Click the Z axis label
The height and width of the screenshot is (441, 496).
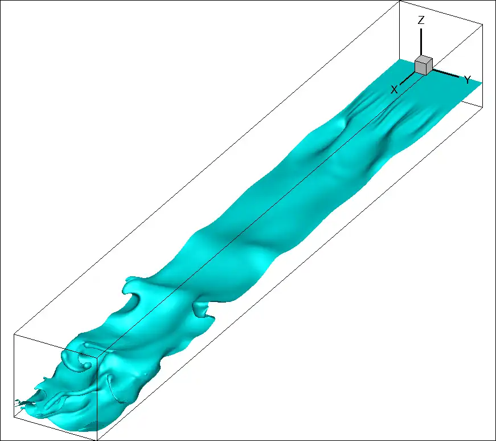(421, 21)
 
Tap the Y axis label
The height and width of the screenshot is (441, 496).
(468, 80)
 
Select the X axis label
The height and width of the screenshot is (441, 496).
(394, 89)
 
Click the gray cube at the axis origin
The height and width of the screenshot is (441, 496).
(423, 65)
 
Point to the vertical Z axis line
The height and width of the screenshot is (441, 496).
(421, 42)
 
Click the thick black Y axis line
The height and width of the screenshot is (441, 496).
(445, 73)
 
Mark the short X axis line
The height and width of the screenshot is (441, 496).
(407, 78)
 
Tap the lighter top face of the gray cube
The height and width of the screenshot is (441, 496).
(424, 59)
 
